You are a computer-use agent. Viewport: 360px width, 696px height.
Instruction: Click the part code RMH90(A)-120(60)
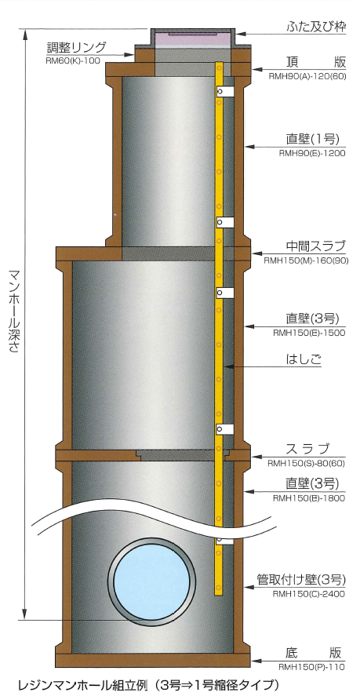coord(307,76)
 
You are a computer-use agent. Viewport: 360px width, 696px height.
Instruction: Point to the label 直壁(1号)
coord(313,140)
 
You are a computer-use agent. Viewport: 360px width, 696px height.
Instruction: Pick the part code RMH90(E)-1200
coord(312,154)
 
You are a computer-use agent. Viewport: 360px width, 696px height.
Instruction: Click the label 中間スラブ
coord(315,246)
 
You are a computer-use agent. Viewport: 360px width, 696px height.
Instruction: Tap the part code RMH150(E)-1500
coord(308,333)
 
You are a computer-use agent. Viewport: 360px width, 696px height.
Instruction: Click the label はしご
coord(304,359)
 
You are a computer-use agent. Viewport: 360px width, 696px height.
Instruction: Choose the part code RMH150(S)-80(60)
coord(307,464)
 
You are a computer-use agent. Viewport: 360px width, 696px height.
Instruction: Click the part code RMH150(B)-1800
coord(309,498)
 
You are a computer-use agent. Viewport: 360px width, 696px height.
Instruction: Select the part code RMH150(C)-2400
coord(308,594)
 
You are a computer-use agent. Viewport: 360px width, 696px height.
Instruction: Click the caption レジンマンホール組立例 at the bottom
coord(82,685)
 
